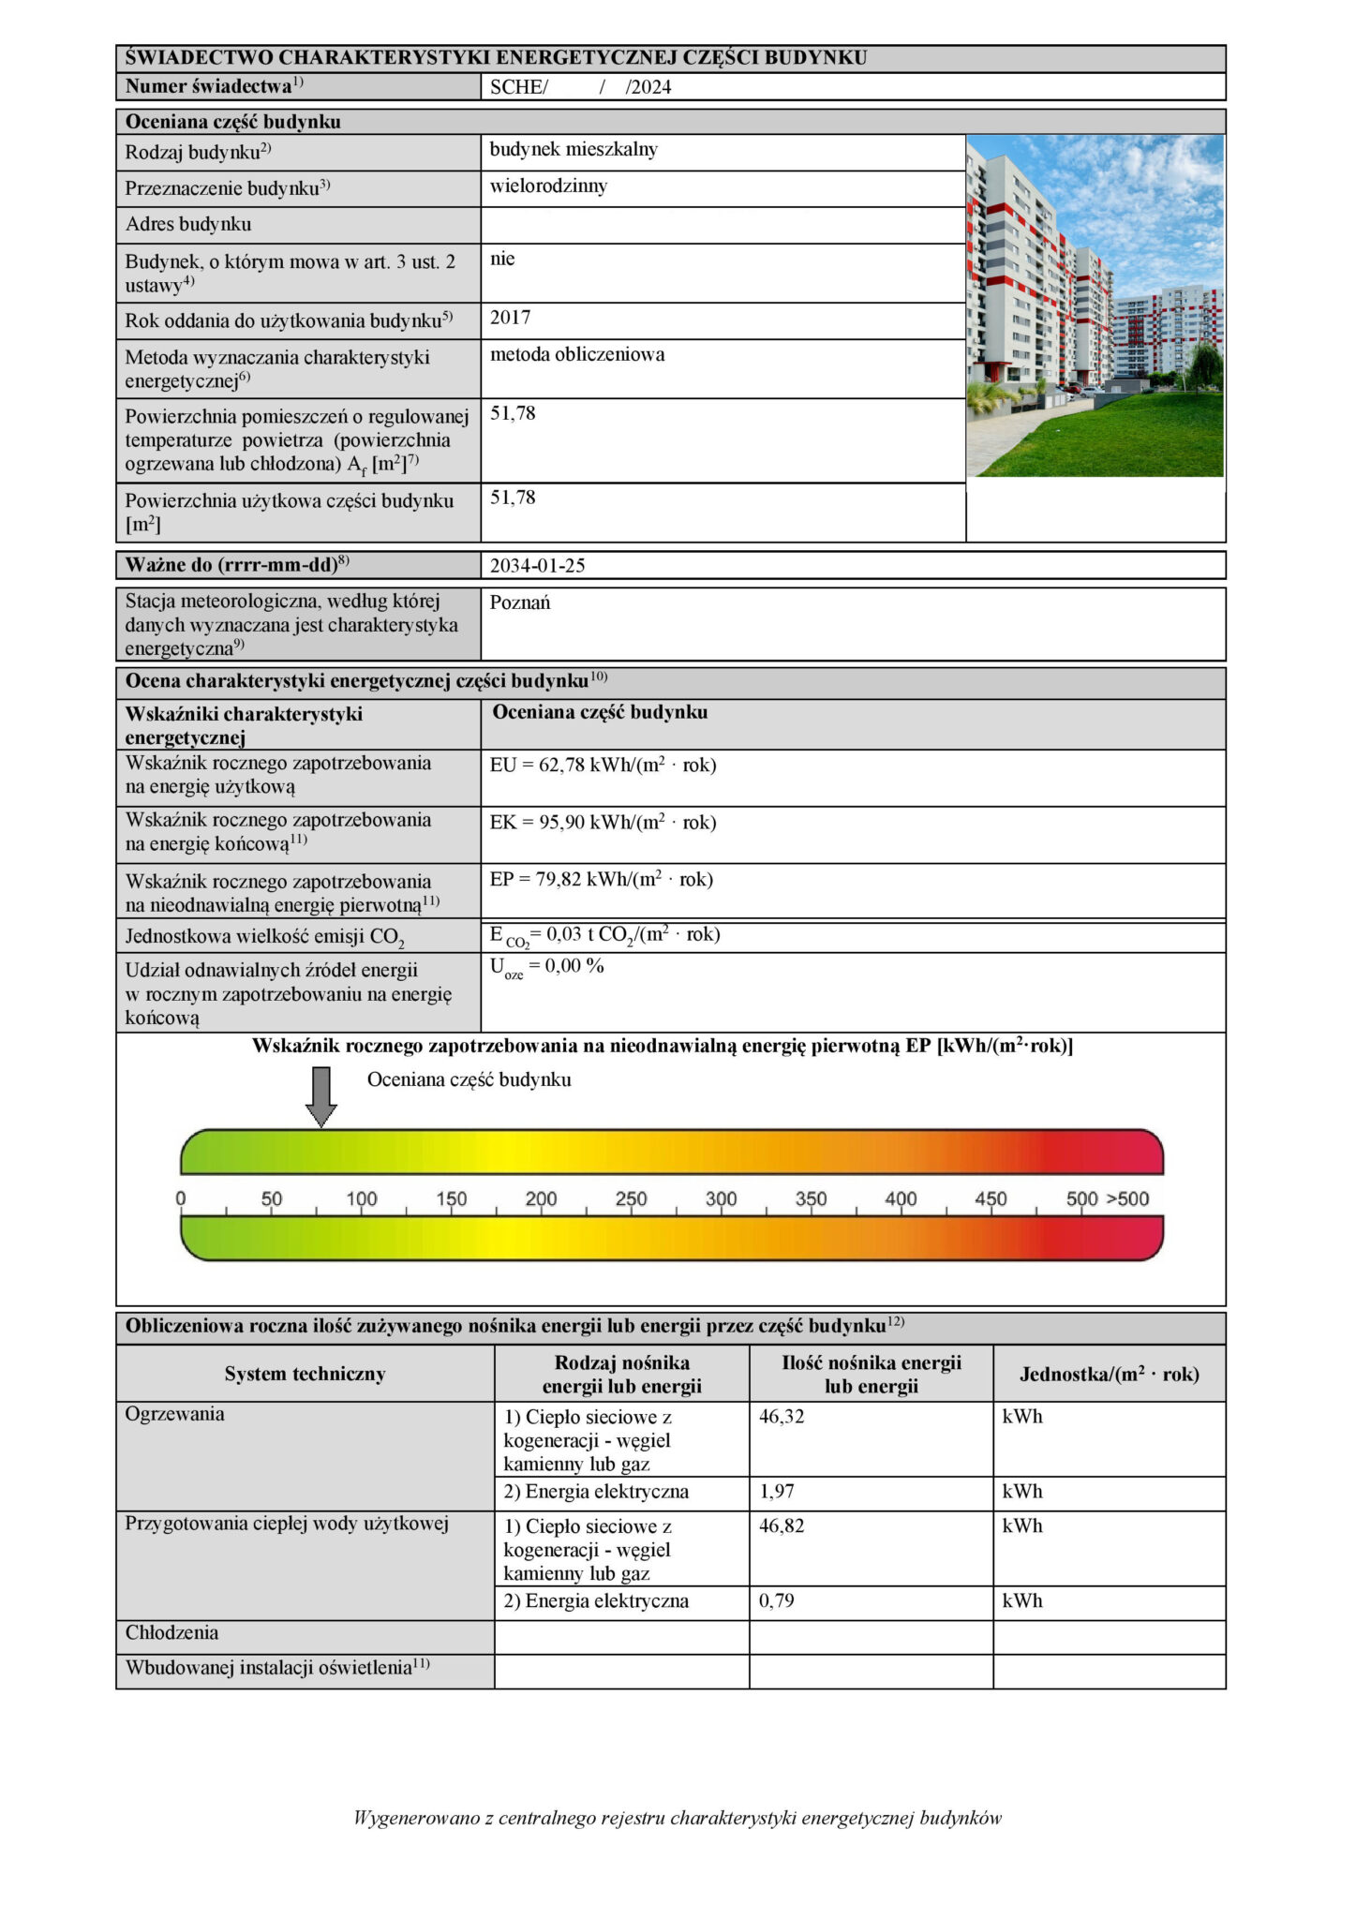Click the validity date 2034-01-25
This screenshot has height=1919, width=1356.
click(538, 566)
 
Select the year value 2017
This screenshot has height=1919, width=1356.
click(511, 318)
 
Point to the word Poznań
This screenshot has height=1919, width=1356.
click(520, 602)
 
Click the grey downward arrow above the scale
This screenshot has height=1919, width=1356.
click(321, 1095)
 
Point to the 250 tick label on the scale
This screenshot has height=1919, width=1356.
click(631, 1199)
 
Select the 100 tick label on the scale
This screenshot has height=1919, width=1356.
click(362, 1199)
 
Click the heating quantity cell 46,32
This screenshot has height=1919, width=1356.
click(782, 1417)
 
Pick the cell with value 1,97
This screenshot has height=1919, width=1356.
click(777, 1492)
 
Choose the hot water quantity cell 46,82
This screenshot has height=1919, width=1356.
click(782, 1526)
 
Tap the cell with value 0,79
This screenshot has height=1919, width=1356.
click(777, 1601)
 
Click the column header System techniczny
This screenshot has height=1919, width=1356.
click(305, 1375)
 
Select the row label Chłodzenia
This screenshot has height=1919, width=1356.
click(172, 1633)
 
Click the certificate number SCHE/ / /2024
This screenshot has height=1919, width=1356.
click(581, 88)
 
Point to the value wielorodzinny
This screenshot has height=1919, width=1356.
click(548, 186)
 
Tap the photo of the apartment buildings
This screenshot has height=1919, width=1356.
click(1095, 305)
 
